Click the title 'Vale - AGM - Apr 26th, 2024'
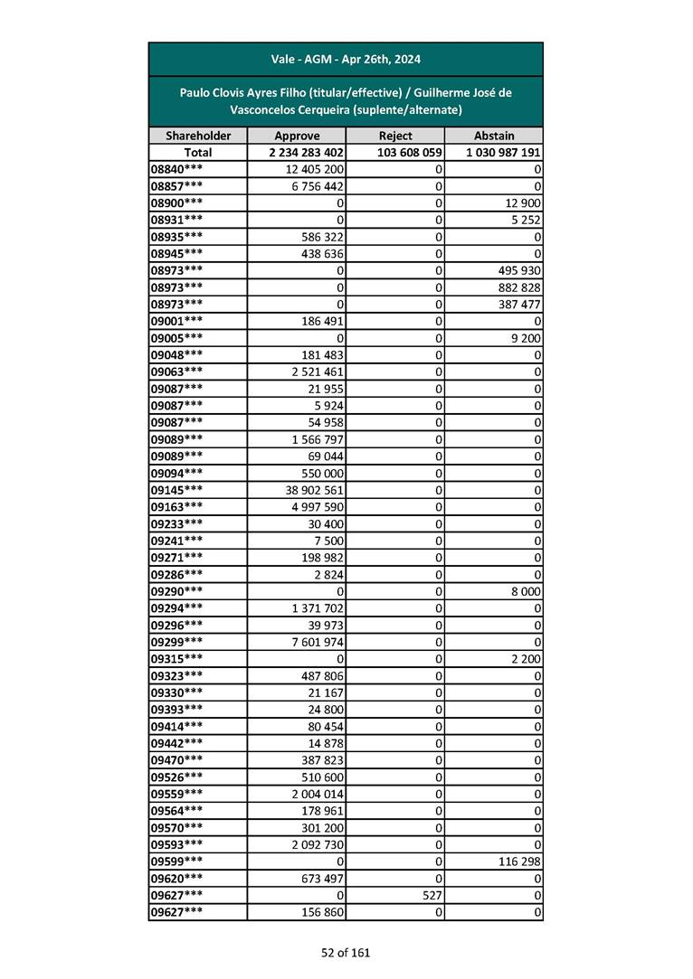point(346,60)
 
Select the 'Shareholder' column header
point(197,136)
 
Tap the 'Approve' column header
point(296,136)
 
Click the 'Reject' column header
point(394,136)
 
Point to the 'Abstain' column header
point(493,136)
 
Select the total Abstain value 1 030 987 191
point(504,153)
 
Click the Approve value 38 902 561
point(314,490)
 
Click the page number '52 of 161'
point(346,952)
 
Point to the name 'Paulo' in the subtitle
point(196,92)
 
